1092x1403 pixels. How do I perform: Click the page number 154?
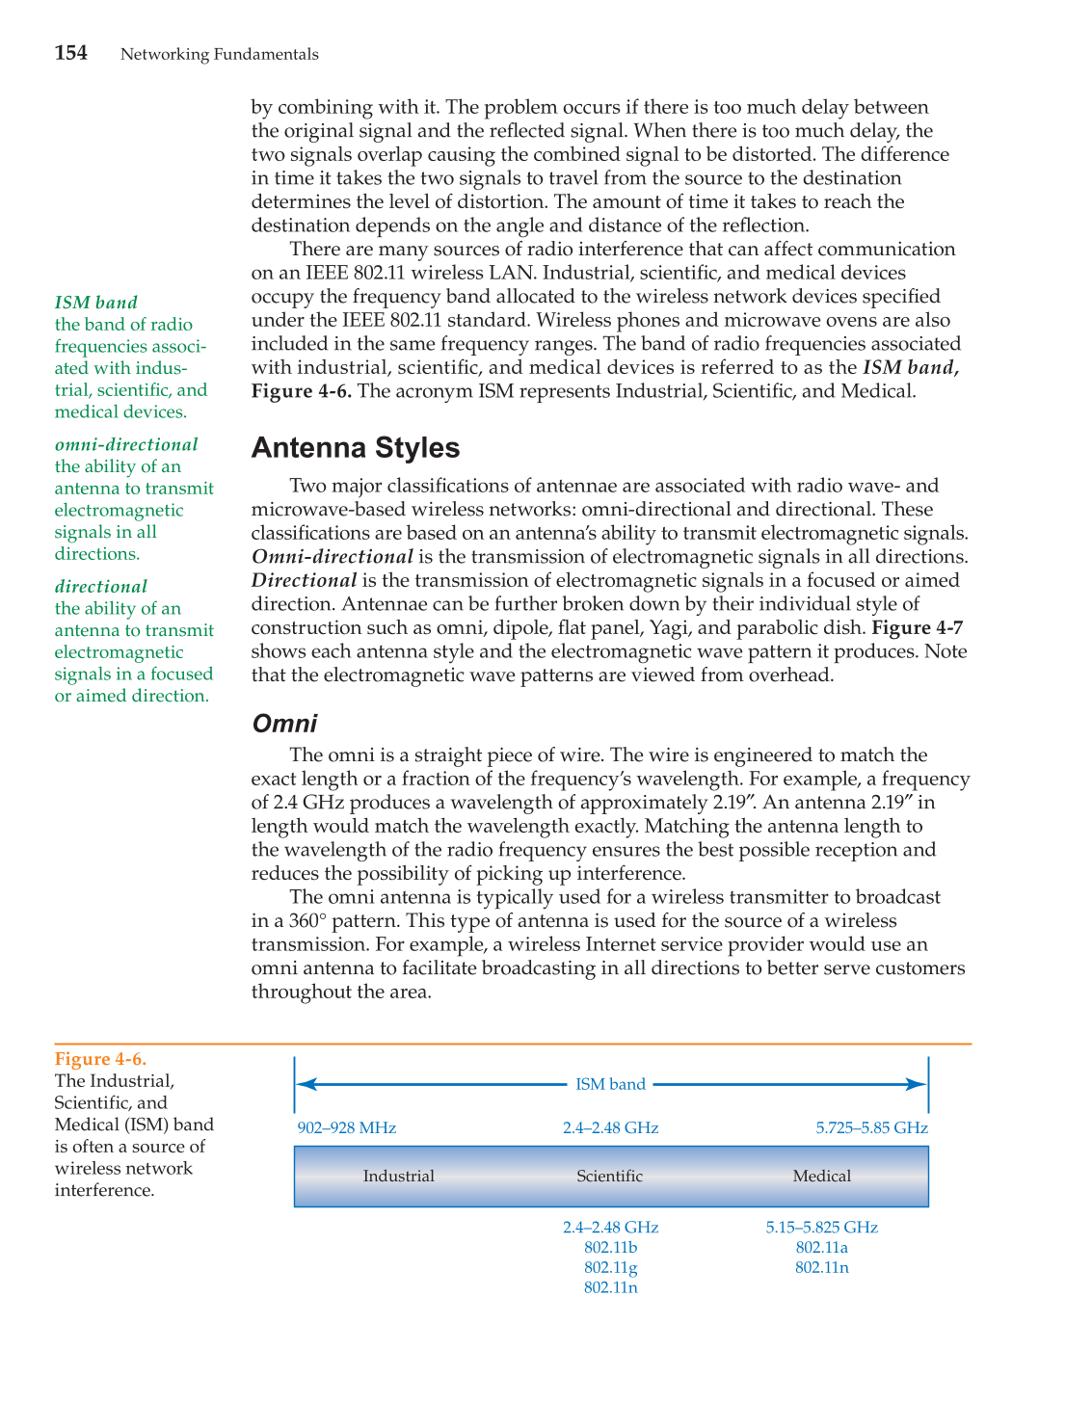[71, 53]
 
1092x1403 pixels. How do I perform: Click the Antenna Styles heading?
[355, 448]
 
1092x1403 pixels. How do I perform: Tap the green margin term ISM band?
[95, 303]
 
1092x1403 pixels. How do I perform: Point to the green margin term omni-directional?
[126, 444]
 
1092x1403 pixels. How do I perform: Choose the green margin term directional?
[101, 586]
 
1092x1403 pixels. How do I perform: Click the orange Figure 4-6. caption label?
[100, 1060]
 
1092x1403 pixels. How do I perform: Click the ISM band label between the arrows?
[610, 1084]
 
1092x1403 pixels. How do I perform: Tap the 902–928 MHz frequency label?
[347, 1127]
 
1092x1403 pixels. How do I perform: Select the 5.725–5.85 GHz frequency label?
[871, 1127]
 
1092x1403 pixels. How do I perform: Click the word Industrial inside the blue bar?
[398, 1176]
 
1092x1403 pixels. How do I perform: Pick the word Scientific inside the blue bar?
[609, 1176]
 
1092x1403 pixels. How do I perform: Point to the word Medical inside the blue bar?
[821, 1176]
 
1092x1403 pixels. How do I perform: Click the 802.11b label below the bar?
[610, 1247]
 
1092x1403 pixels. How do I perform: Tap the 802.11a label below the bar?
[821, 1247]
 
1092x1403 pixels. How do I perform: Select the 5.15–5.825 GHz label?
[821, 1227]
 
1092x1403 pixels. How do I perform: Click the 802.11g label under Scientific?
[610, 1267]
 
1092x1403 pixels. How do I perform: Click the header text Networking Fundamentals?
[219, 54]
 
